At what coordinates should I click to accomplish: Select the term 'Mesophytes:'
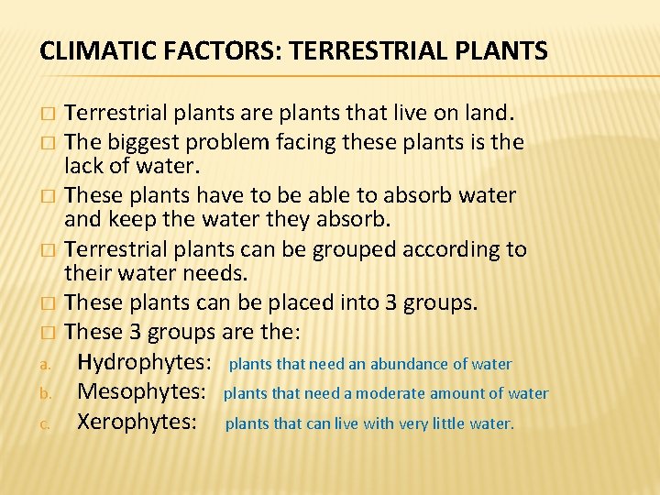pyautogui.click(x=140, y=393)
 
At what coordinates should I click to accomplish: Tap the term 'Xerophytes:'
pyautogui.click(x=137, y=423)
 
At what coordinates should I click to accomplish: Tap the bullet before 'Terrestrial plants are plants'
pyautogui.click(x=46, y=115)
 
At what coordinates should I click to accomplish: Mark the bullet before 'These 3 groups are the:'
pyautogui.click(x=46, y=331)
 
